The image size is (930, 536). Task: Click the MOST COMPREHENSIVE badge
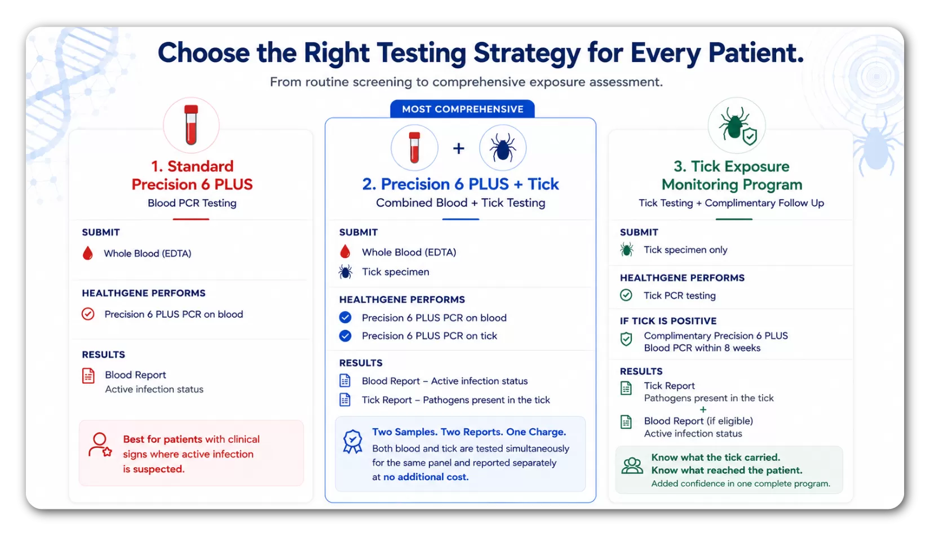462,109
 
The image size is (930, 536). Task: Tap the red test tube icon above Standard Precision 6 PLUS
191,125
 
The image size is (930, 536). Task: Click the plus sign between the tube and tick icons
458,148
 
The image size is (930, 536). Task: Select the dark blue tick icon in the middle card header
503,147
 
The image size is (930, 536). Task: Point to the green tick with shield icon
737,126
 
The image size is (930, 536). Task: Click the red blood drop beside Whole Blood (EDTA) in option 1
87,253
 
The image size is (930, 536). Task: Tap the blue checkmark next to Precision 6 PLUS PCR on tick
345,336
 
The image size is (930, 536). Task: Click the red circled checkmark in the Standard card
88,314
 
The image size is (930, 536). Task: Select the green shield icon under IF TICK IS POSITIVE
626,339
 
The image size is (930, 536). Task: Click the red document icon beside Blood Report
88,376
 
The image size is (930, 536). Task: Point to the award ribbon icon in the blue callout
352,441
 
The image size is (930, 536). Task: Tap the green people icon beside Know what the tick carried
632,466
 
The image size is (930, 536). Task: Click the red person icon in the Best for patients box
100,445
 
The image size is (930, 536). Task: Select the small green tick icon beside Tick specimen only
627,250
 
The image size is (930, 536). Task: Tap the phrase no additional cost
426,477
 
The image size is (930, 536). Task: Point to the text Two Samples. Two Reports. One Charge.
469,432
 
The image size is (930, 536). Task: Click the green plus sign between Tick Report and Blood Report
703,410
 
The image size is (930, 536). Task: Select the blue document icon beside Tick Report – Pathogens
345,399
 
